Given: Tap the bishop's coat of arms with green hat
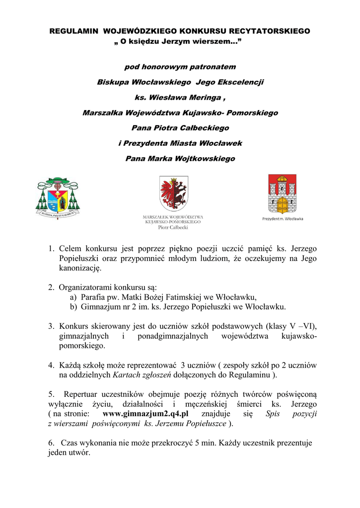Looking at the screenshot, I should [x=57, y=196].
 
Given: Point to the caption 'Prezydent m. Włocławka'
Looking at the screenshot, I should [x=283, y=219].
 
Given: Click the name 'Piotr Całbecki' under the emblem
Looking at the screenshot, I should [x=173, y=228].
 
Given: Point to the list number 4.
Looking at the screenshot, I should [x=51, y=365].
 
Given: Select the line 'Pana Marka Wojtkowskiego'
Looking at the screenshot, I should [x=180, y=159].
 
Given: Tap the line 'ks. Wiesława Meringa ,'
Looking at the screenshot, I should [x=180, y=97].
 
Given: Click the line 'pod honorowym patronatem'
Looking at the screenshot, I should [x=180, y=66].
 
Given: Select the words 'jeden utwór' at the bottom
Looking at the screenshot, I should [x=69, y=452].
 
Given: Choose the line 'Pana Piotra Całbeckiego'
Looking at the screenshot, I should [x=180, y=128].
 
